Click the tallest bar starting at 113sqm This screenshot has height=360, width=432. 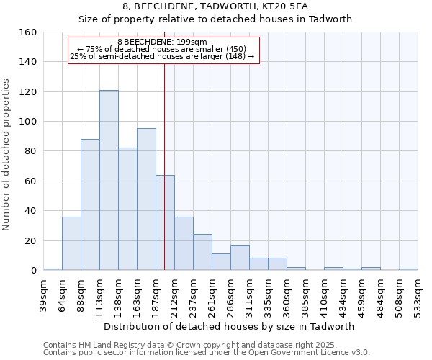(x=109, y=180)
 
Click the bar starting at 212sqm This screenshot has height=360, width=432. (x=184, y=243)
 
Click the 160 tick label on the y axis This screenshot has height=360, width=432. (x=27, y=32)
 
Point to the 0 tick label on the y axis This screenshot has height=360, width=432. (x=33, y=270)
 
